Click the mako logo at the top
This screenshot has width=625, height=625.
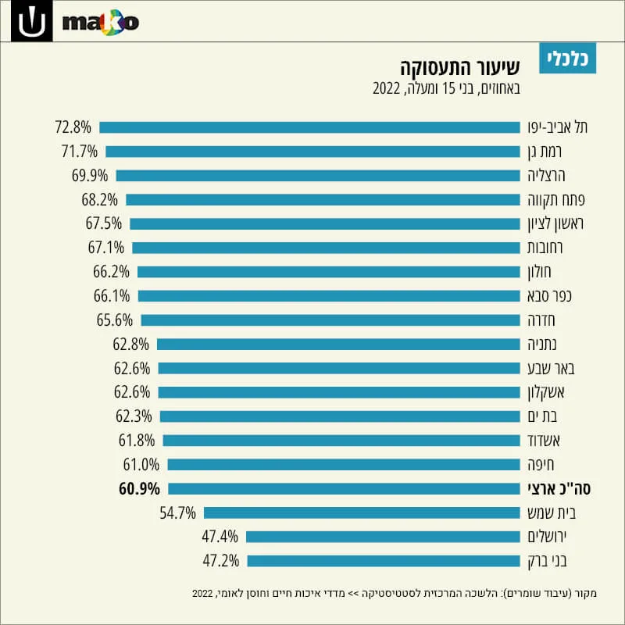point(101,23)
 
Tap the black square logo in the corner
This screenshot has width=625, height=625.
point(31,21)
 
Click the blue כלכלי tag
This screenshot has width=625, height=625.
point(568,58)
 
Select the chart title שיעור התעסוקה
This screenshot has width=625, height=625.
point(460,67)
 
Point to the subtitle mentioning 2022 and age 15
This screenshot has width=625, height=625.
point(446,88)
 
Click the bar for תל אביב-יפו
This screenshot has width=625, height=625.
point(309,127)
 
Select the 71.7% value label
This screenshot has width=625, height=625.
point(80,152)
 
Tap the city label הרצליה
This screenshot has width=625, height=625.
point(546,176)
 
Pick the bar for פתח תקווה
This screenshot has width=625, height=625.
point(323,200)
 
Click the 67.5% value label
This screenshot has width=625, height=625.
point(104,223)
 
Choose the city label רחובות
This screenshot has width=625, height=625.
point(545,248)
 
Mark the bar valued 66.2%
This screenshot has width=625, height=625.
point(329,272)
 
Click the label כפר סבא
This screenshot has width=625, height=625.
point(549,296)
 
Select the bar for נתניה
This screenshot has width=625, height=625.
point(338,345)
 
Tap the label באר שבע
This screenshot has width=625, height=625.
point(551,368)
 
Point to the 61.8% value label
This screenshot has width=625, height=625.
point(137,441)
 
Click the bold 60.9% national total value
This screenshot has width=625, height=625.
point(139,489)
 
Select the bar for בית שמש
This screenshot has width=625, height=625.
point(362,513)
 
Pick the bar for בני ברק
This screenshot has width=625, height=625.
point(384,561)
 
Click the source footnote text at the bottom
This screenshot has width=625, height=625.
point(395,594)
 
